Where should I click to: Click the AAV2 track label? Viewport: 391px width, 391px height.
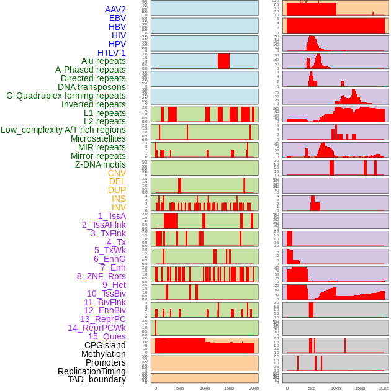click(x=115, y=9)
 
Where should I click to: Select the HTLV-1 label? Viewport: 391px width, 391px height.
click(x=112, y=53)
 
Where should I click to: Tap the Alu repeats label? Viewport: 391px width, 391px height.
click(x=104, y=61)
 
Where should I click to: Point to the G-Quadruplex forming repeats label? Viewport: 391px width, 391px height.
click(x=66, y=96)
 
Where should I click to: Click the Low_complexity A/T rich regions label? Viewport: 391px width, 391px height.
click(x=63, y=130)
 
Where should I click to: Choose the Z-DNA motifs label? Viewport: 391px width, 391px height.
click(x=101, y=164)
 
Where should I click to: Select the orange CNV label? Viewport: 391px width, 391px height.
click(x=117, y=173)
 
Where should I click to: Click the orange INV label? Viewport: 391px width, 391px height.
click(x=119, y=207)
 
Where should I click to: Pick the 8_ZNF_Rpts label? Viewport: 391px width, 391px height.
click(x=101, y=276)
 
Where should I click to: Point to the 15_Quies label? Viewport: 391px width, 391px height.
click(x=107, y=336)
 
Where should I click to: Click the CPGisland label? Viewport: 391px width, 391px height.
click(x=105, y=345)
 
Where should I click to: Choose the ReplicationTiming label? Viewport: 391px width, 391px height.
click(x=92, y=371)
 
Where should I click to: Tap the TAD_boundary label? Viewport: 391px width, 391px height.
click(x=97, y=379)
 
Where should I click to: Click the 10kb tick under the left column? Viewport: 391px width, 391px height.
click(x=204, y=388)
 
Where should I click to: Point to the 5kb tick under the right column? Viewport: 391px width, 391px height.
click(x=311, y=388)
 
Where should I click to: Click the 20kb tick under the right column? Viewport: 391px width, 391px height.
click(x=384, y=388)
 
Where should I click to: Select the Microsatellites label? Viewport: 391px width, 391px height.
click(x=98, y=139)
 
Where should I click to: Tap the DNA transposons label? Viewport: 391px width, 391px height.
click(x=92, y=88)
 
